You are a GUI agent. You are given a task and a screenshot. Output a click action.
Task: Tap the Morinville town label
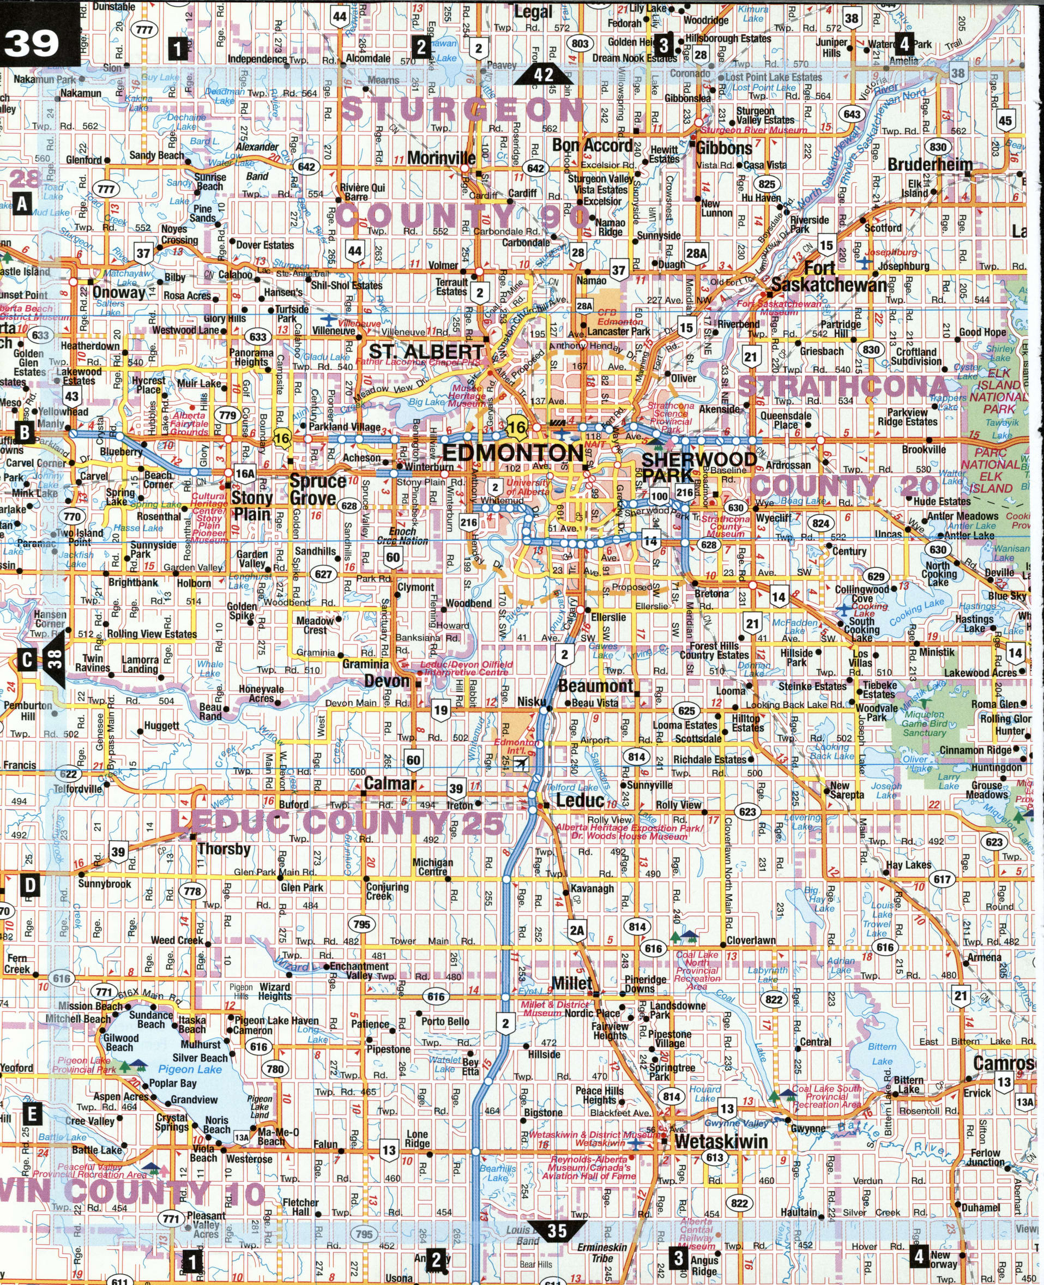441,158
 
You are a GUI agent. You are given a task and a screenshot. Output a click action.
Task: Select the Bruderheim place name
930,164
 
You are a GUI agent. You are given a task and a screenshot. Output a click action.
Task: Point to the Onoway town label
118,293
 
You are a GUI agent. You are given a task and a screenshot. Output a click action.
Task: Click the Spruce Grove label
317,490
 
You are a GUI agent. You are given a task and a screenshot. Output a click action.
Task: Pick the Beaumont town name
595,686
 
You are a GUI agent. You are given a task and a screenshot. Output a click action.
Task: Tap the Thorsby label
224,849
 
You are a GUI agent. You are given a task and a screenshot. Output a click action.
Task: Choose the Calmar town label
390,783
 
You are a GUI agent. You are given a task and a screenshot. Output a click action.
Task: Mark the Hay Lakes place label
908,865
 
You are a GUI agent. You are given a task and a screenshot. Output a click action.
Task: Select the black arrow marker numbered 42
543,75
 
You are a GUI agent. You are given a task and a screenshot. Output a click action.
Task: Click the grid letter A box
22,204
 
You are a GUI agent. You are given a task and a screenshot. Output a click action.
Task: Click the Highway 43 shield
72,396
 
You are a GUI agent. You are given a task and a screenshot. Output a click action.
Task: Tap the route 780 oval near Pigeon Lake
275,1069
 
